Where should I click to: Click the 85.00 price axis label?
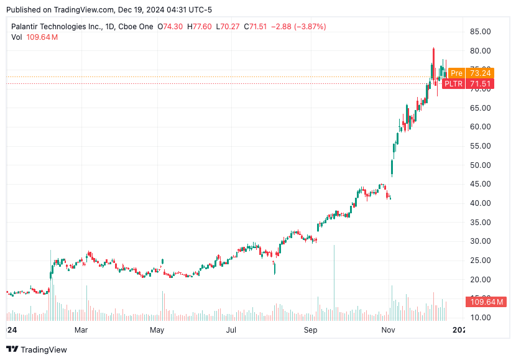click(x=482, y=32)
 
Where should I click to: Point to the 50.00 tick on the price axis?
click(x=482, y=165)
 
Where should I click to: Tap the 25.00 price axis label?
click(x=482, y=260)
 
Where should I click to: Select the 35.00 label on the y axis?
click(x=482, y=222)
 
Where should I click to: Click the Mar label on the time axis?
click(x=81, y=330)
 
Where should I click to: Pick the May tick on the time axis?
click(x=157, y=330)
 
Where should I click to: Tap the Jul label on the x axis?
click(x=232, y=330)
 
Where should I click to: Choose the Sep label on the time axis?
click(x=311, y=330)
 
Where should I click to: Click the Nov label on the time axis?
click(x=388, y=330)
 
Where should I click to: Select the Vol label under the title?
click(x=17, y=37)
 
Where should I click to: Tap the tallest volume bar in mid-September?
click(x=334, y=280)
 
